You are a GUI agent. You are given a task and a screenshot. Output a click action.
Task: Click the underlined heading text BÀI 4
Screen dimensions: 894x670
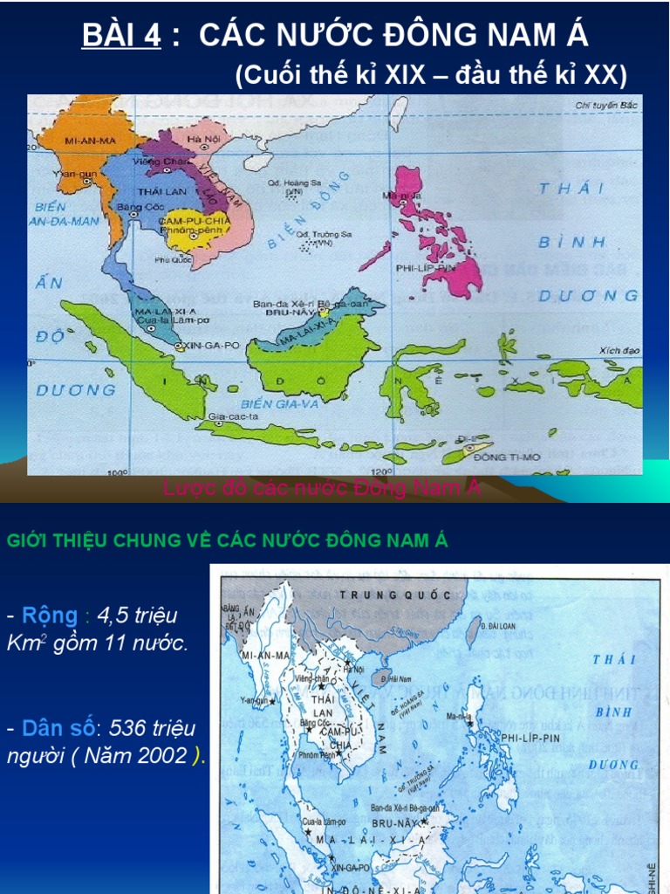pyautogui.click(x=121, y=36)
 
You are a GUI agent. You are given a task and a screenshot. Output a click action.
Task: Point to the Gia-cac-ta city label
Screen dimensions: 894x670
pyautogui.click(x=229, y=418)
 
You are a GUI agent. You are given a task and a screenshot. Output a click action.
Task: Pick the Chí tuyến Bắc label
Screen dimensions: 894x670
pyautogui.click(x=607, y=106)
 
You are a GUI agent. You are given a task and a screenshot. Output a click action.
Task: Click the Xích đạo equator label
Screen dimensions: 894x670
pyautogui.click(x=619, y=350)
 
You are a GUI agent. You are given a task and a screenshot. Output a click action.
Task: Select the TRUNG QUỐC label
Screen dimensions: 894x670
pyautogui.click(x=395, y=595)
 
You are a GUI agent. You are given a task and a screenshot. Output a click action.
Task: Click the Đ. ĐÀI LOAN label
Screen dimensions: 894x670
pyautogui.click(x=501, y=627)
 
